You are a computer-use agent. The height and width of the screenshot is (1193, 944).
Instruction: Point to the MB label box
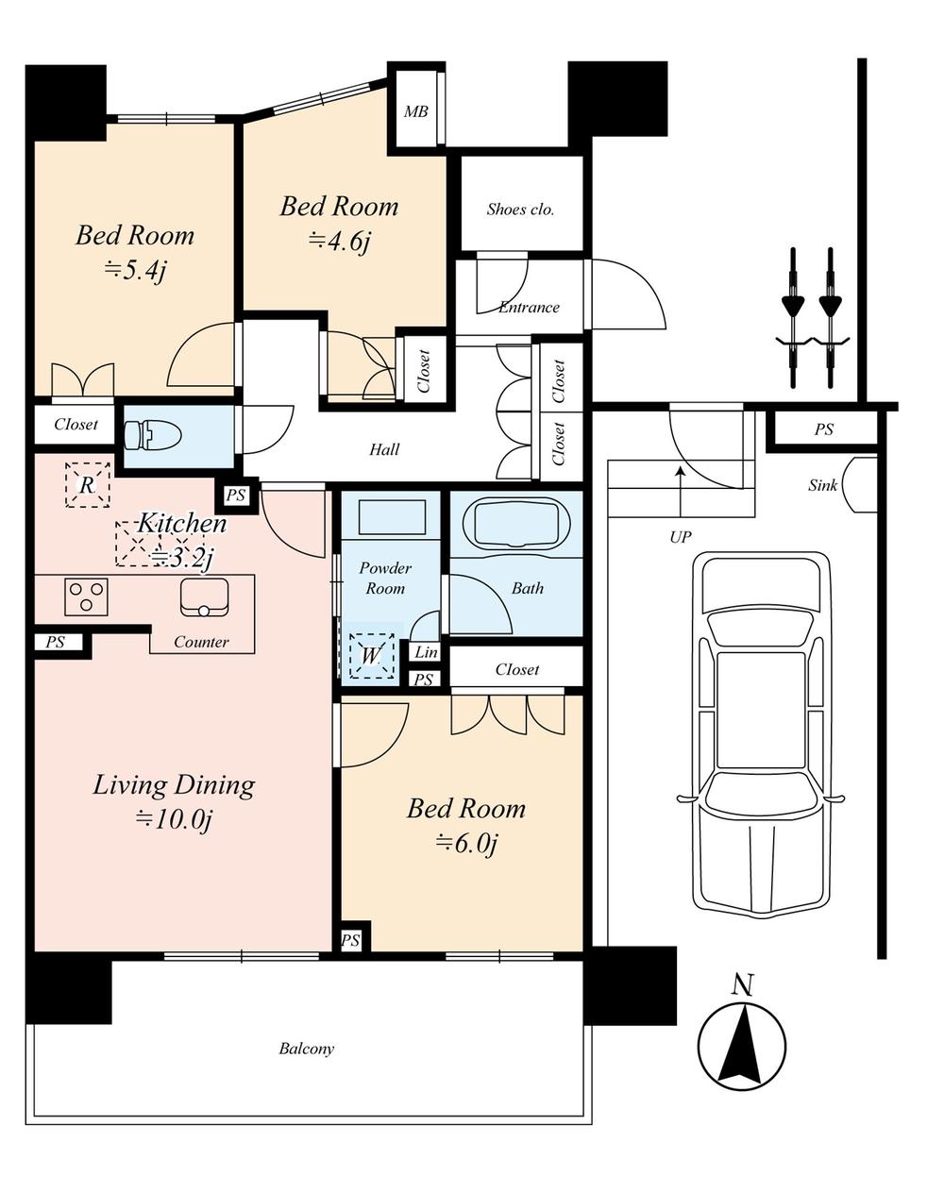416,111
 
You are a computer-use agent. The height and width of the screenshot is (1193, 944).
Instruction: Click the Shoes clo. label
520,210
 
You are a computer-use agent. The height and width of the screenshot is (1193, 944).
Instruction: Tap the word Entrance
529,307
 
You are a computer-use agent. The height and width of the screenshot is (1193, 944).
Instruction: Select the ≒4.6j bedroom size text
339,242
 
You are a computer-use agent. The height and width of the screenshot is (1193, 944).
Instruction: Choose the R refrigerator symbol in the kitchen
87,486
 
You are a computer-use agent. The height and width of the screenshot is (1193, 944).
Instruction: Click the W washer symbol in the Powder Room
371,655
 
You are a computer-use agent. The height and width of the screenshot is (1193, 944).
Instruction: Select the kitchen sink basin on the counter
203,597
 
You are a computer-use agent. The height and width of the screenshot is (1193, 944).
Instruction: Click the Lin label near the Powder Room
426,652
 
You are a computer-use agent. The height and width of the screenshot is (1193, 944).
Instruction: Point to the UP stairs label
680,537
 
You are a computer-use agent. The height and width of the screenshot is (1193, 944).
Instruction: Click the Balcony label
306,1049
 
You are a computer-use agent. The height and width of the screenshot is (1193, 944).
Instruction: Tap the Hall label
384,450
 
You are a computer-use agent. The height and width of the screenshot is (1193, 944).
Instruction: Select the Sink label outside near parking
822,486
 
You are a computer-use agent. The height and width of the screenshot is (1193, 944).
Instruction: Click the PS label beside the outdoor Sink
824,429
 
